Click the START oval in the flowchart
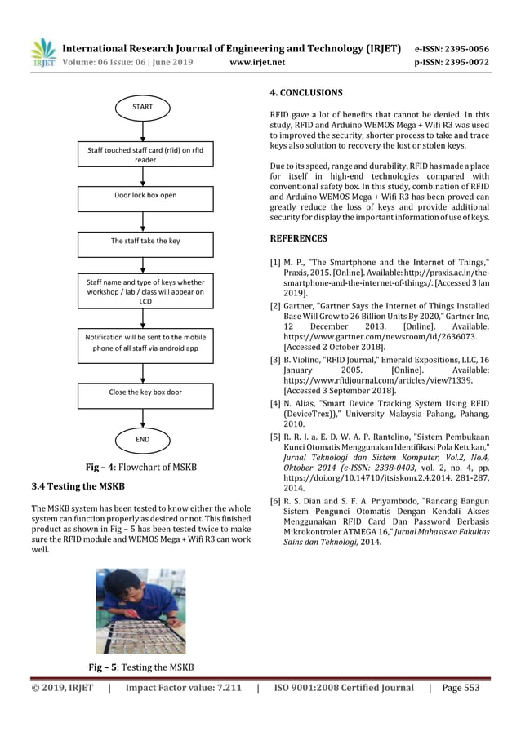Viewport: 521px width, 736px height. [145, 107]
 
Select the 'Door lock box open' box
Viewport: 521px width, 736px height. [145, 196]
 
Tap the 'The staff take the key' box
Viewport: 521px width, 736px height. [145, 242]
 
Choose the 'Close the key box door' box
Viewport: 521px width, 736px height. [145, 392]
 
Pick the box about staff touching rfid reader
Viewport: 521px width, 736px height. [145, 155]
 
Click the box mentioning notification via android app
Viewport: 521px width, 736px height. [145, 343]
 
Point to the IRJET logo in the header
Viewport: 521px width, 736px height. [42, 53]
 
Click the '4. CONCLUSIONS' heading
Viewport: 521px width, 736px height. [305, 92]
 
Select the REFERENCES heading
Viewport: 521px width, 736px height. [298, 238]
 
